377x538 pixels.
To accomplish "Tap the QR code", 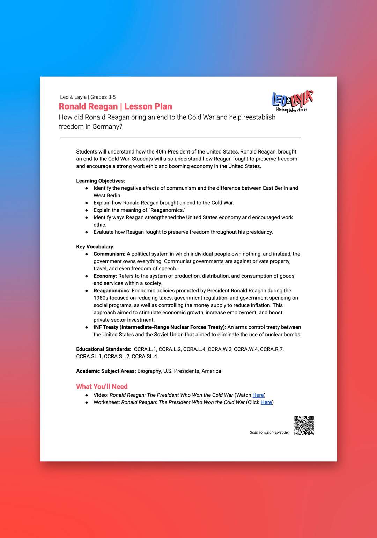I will pos(304,426).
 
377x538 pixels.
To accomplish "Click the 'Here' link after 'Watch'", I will pos(258,395).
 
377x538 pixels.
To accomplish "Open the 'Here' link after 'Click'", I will pos(266,402).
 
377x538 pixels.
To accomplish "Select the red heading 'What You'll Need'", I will pos(102,387).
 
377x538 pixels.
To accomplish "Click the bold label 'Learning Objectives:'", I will pos(101,181).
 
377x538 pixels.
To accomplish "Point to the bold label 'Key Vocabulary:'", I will pos(95,247).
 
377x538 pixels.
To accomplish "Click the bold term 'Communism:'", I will pos(109,254).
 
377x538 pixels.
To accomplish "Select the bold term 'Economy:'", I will pos(105,276).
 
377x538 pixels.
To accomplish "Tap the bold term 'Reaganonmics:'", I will pos(112,291).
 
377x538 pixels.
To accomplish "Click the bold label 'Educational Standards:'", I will pos(104,349).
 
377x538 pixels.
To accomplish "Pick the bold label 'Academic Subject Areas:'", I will pos(106,371).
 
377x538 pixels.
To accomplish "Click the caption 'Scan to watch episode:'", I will pos(269,432).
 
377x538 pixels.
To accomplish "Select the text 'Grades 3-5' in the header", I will pos(103,97).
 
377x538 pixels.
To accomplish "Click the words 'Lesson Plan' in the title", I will pos(148,106).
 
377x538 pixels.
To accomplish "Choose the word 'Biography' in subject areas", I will pos(149,371).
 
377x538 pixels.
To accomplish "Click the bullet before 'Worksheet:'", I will pos(87,402).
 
